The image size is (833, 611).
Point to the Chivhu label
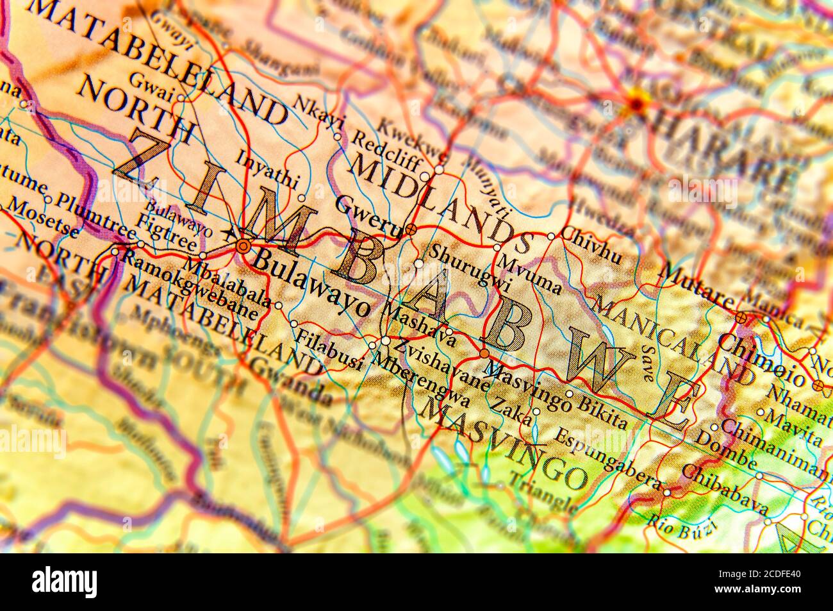tap(591, 246)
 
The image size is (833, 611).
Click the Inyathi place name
tap(267, 168)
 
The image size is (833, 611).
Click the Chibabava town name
tap(723, 489)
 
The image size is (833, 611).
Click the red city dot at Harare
tap(638, 101)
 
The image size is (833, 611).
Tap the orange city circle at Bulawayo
tap(242, 246)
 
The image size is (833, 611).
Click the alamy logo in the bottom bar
tap(65, 582)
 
